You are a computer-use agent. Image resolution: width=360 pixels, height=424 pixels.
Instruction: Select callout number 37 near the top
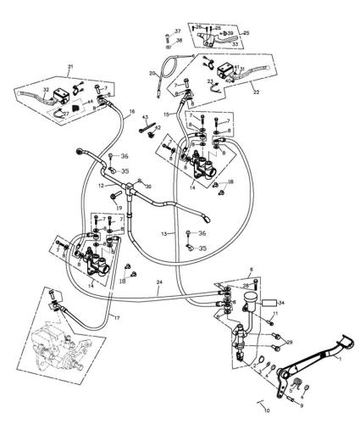click(178, 31)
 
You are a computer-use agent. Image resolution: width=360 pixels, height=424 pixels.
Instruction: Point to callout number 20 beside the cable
click(153, 74)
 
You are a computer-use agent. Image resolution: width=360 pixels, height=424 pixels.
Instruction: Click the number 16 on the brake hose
click(131, 111)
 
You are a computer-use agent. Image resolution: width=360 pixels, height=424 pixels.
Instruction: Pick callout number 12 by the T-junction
click(100, 184)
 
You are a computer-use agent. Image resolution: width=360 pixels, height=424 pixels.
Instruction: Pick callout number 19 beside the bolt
click(119, 207)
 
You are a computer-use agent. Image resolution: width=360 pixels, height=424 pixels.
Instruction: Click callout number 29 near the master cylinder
click(289, 341)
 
